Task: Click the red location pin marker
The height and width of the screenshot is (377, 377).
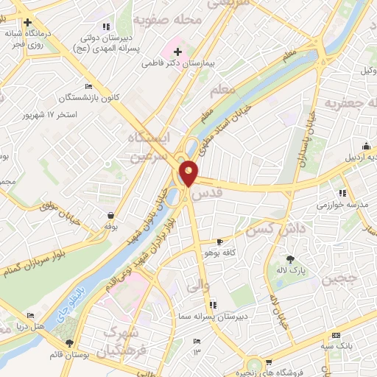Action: tap(189, 172)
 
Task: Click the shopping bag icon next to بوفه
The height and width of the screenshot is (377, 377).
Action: tap(110, 216)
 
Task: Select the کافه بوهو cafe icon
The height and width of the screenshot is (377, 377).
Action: tap(219, 242)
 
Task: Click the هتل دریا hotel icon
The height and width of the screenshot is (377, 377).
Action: tap(8, 325)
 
